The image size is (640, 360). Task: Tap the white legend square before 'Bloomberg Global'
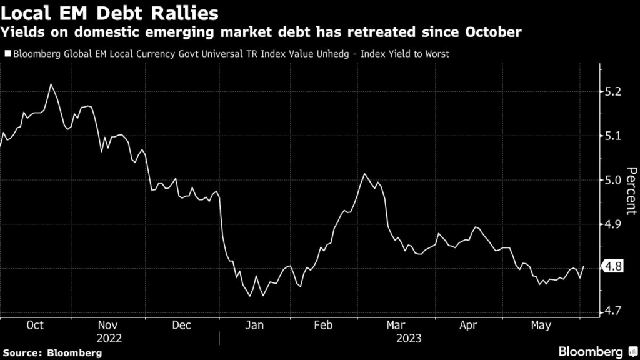click(7, 54)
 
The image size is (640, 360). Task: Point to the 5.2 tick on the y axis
click(614, 92)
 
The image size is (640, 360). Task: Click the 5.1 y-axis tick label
click(614, 136)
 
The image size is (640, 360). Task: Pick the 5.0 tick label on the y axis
click(614, 180)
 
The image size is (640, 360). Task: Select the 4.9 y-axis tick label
click(614, 224)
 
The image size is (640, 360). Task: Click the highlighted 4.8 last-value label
click(614, 267)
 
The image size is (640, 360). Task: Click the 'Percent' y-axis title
click(631, 191)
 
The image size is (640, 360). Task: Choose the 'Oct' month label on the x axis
click(36, 325)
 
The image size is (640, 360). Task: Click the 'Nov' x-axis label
click(109, 325)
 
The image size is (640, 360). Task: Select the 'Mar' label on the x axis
click(395, 325)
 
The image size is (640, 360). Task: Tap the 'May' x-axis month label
click(541, 325)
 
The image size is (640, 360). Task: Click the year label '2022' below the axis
click(109, 338)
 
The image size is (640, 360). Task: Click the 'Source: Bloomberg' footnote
click(51, 352)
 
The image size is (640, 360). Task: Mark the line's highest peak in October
click(51, 84)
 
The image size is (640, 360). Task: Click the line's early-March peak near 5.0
click(364, 174)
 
